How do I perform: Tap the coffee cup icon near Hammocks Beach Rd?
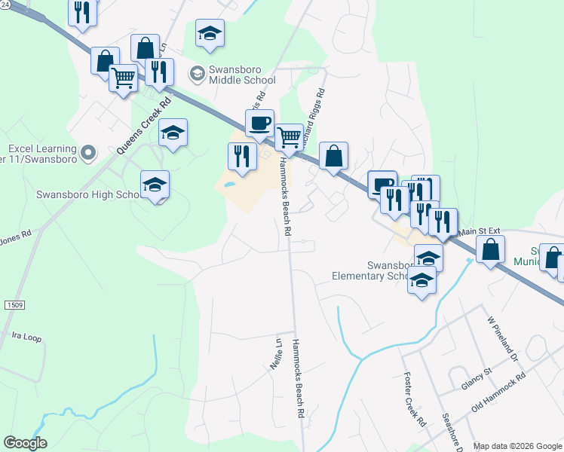[259, 123]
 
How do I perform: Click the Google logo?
[25, 443]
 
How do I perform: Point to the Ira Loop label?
[26, 337]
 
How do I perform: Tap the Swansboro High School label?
[87, 194]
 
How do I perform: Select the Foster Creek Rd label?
[415, 400]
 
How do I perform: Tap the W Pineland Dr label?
[504, 338]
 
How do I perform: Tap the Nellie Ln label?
[276, 352]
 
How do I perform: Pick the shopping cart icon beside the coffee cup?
[289, 137]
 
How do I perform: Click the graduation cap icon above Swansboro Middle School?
[210, 32]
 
